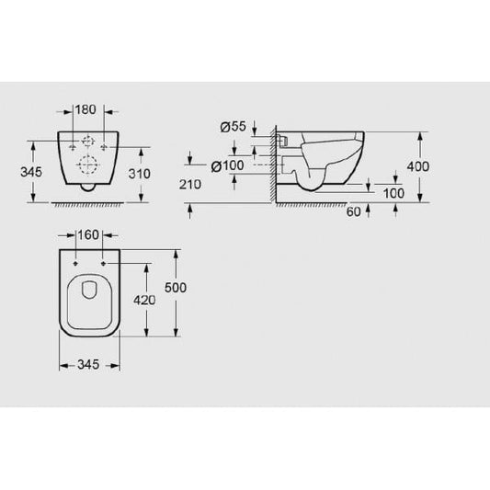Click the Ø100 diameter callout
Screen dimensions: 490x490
point(228,165)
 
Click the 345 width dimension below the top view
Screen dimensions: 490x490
point(90,366)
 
